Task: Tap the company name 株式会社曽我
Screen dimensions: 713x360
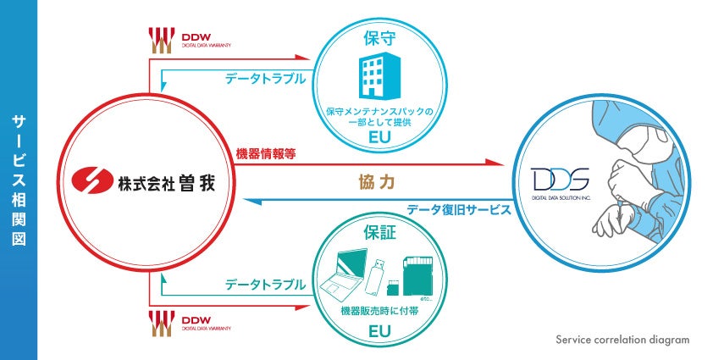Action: click(x=162, y=180)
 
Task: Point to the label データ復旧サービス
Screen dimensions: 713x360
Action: click(x=458, y=209)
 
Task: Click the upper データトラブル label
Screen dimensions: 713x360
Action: click(x=265, y=79)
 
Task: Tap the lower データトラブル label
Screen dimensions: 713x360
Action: click(x=265, y=285)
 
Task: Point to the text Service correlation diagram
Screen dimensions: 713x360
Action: click(x=622, y=340)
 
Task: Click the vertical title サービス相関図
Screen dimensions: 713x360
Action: click(x=19, y=180)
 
